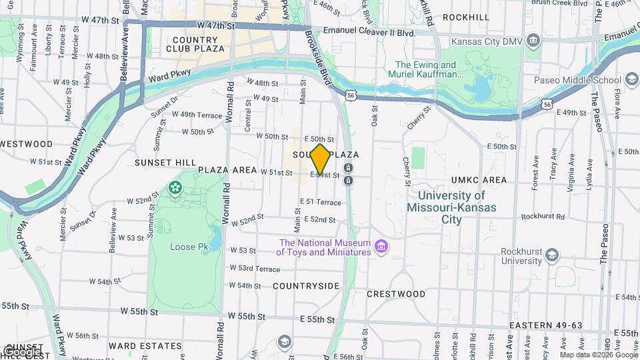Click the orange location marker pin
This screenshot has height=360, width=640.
pyautogui.click(x=321, y=159)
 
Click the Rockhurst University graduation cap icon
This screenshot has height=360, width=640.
pyautogui.click(x=551, y=255)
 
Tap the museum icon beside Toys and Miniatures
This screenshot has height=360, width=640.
pyautogui.click(x=381, y=247)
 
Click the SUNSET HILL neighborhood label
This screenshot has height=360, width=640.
pyautogui.click(x=165, y=162)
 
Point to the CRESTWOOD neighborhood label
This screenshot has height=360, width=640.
pyautogui.click(x=396, y=293)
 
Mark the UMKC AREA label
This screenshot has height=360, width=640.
pyautogui.click(x=479, y=180)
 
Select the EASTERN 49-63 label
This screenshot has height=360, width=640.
pyautogui.click(x=545, y=325)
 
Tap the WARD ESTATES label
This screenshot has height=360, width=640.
pyautogui.click(x=145, y=346)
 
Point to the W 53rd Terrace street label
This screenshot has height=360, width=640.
pyautogui.click(x=255, y=269)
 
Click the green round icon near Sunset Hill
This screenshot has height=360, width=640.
pyautogui.click(x=175, y=189)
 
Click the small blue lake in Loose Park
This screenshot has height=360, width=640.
pyautogui.click(x=215, y=235)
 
